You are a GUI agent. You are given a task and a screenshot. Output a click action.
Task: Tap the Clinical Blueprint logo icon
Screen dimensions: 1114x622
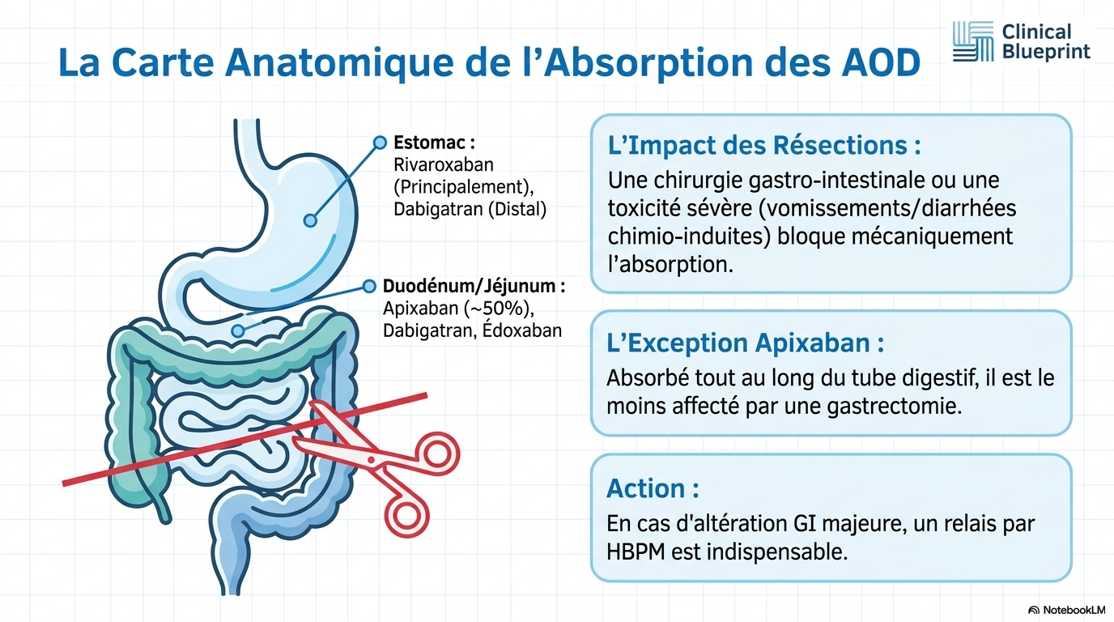coord(973,41)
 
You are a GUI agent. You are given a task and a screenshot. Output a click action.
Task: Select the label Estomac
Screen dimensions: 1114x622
coord(434,143)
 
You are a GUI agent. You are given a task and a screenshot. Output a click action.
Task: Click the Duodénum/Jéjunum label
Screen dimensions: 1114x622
coord(474,286)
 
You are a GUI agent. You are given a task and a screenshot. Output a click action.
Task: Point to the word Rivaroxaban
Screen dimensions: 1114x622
coord(444,164)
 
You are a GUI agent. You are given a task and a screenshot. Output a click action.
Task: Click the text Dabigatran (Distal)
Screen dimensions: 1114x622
coord(470,209)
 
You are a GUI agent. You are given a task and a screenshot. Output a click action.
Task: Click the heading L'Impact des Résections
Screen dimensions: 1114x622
coord(764,145)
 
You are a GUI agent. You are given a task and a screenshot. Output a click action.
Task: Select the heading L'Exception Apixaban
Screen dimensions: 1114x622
coord(746,343)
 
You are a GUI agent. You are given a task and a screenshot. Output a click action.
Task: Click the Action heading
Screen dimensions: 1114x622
coord(653,488)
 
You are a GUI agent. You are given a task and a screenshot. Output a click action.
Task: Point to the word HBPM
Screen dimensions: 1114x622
coord(635,552)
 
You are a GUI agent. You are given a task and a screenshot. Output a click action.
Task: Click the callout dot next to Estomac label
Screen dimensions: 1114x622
coord(380,143)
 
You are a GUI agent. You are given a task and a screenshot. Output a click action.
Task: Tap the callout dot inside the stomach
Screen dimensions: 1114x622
coord(310,220)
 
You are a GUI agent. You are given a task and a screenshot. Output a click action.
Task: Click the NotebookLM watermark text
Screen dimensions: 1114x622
coord(1074,610)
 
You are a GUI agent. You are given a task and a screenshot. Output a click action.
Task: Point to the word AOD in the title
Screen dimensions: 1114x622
coord(881,63)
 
